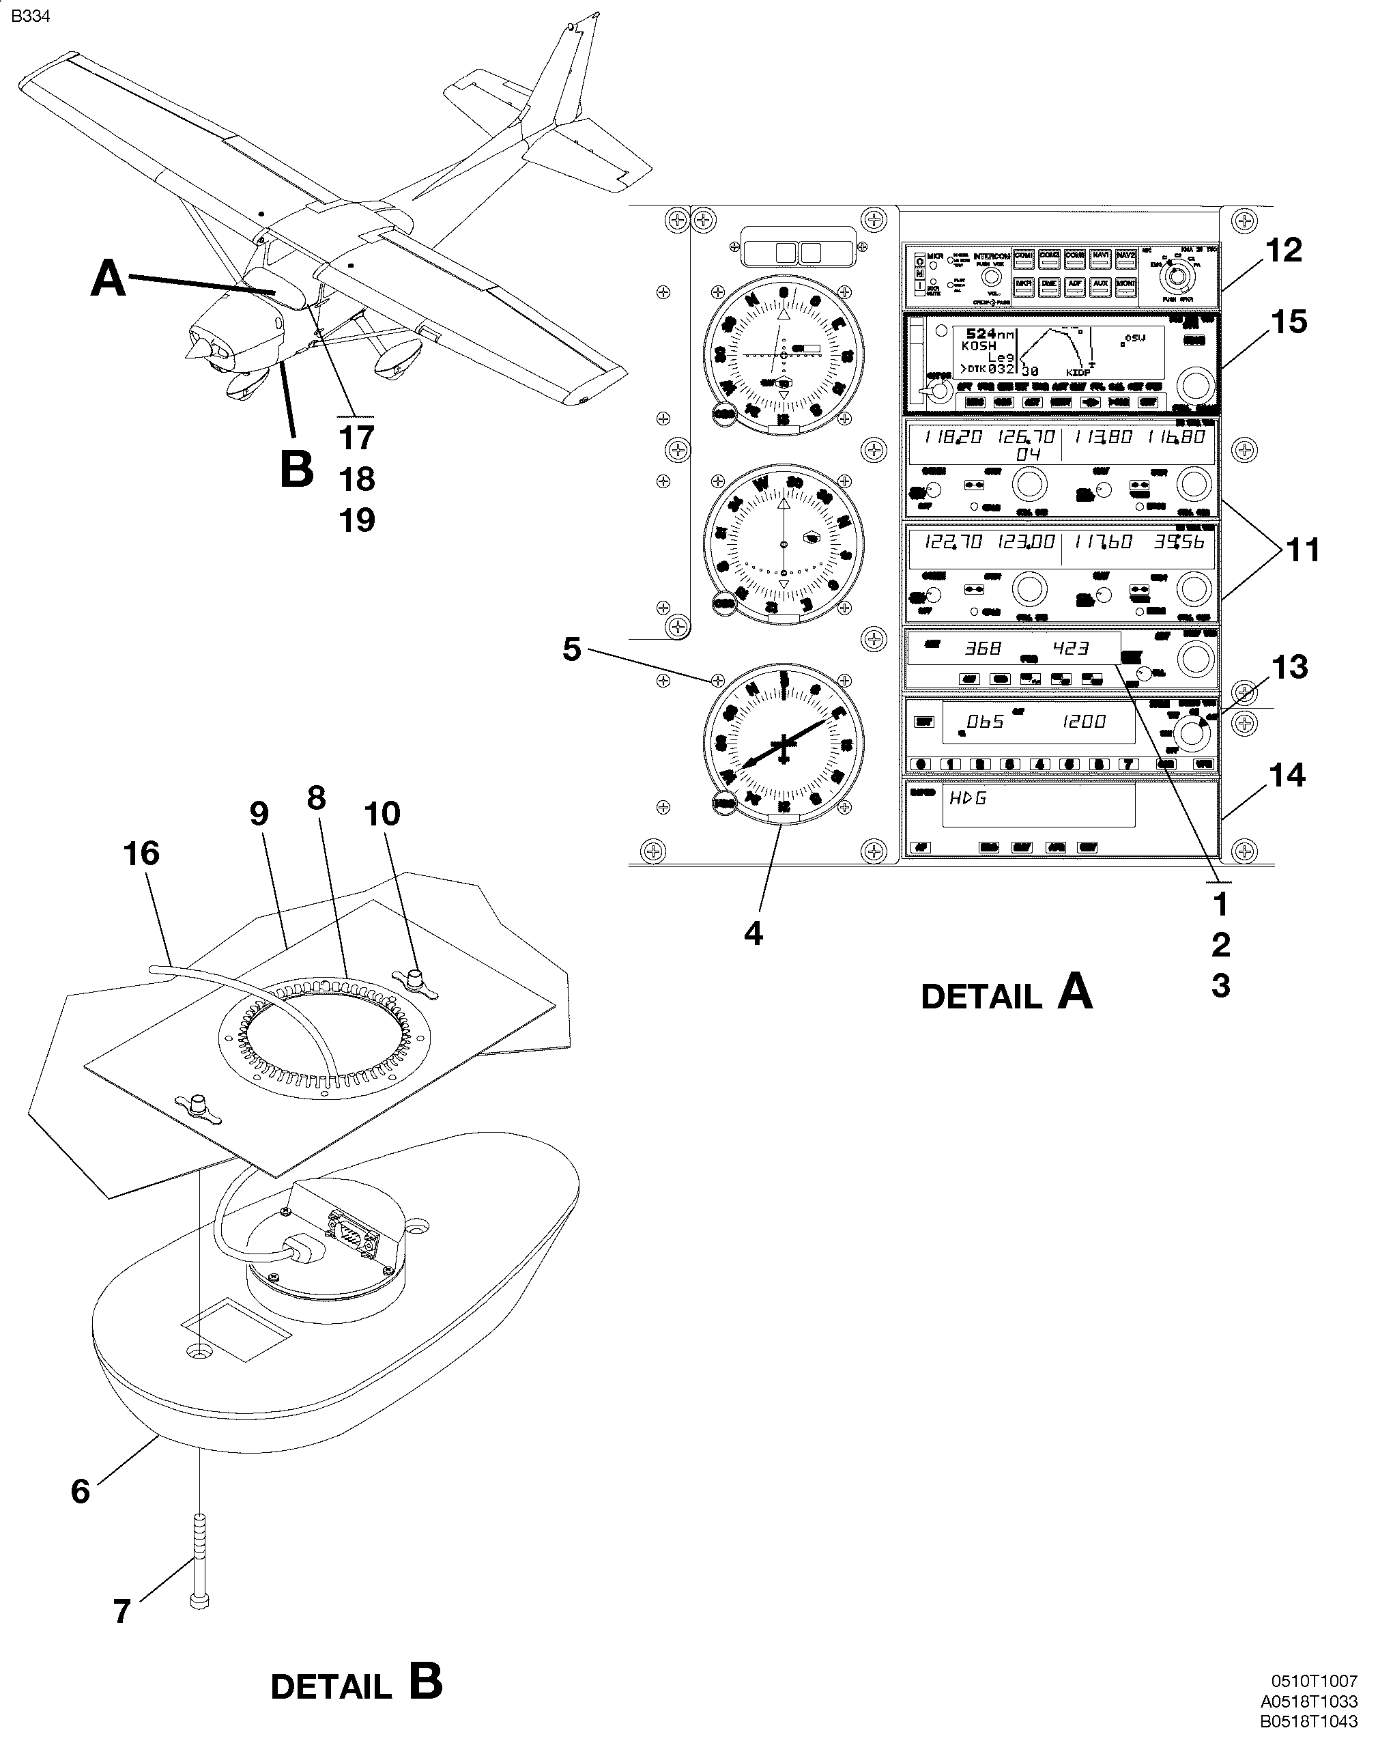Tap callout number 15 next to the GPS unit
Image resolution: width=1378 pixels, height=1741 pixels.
point(1288,322)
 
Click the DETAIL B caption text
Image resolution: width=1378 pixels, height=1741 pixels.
point(356,1684)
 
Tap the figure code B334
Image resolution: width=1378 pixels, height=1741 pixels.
point(31,16)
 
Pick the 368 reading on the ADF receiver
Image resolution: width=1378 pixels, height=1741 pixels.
point(983,648)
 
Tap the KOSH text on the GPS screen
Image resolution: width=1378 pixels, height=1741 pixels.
point(978,345)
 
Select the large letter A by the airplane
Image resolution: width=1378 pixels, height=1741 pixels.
point(108,279)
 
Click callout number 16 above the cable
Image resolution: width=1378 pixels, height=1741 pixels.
point(141,853)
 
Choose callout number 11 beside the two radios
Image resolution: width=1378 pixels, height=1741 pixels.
point(1302,550)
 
